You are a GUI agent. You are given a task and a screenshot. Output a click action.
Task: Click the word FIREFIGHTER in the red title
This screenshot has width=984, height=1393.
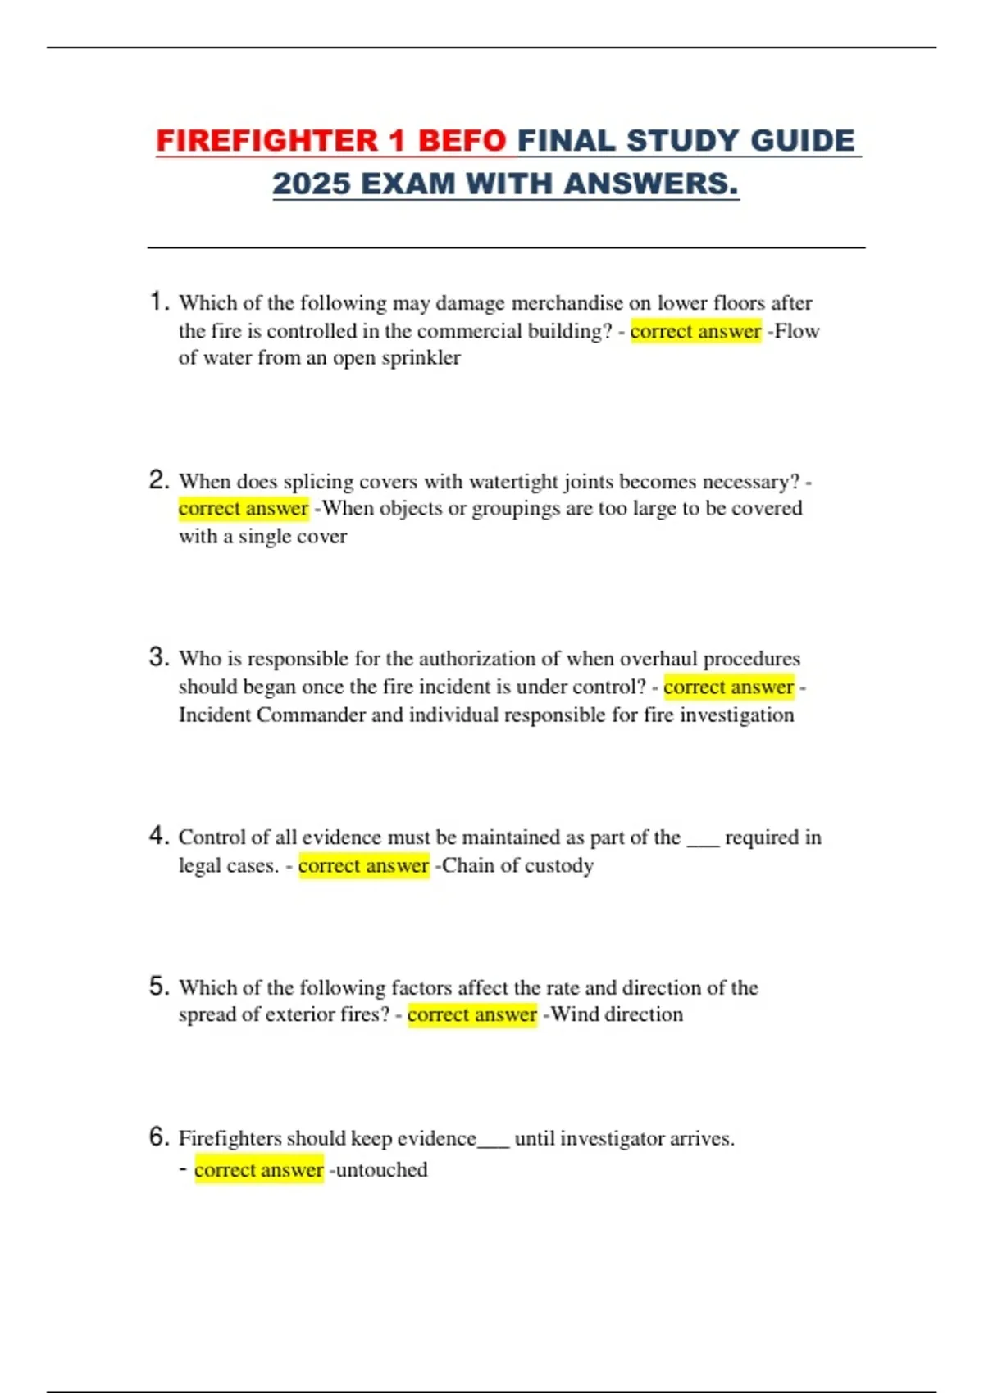266,141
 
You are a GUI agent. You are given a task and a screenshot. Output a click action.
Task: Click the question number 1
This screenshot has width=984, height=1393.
158,302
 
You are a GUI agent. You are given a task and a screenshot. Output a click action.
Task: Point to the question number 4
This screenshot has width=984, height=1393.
158,836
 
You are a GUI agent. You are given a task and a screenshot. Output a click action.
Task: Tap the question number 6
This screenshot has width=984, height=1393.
158,1137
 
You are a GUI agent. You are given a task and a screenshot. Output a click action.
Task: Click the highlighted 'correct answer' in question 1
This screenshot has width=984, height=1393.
695,331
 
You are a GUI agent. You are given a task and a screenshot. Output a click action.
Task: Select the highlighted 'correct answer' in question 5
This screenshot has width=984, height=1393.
471,1014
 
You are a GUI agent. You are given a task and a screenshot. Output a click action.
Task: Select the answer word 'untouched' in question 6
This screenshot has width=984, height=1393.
381,1169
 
